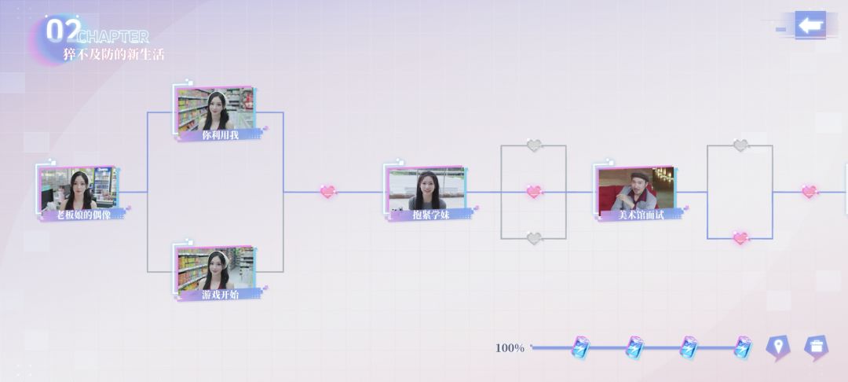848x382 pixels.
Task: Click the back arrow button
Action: click(x=810, y=25)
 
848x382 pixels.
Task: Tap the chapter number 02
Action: click(x=64, y=31)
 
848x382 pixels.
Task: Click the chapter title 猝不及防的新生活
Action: click(x=114, y=55)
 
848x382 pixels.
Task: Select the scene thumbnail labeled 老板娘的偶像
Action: click(x=79, y=189)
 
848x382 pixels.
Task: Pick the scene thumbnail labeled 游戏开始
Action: click(x=216, y=268)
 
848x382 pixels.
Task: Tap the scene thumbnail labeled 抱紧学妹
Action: click(x=426, y=189)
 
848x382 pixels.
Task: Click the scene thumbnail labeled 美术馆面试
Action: click(x=636, y=189)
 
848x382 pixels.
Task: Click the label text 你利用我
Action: click(x=220, y=135)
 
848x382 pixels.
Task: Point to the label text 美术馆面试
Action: click(x=641, y=215)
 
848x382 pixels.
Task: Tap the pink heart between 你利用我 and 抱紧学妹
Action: click(x=327, y=192)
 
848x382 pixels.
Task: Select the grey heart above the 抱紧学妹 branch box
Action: click(x=534, y=145)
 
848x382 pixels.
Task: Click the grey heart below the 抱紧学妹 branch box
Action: click(x=534, y=238)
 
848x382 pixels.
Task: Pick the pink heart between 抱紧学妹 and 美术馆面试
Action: click(x=534, y=192)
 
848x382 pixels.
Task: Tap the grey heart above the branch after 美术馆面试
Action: click(x=740, y=145)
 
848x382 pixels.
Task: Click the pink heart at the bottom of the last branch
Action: click(x=740, y=238)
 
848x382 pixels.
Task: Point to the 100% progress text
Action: click(x=510, y=348)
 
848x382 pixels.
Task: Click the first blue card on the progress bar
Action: click(x=581, y=347)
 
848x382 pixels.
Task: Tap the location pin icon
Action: click(x=777, y=348)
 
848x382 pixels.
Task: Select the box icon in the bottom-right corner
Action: click(x=816, y=348)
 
